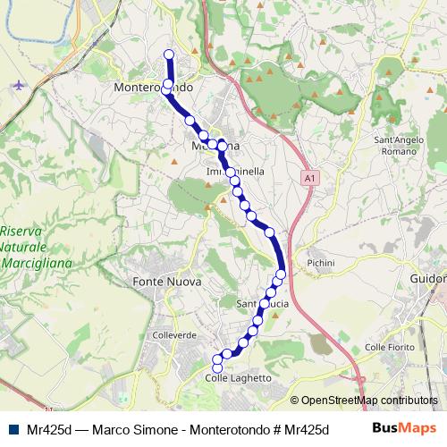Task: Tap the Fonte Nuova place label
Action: pyautogui.click(x=166, y=282)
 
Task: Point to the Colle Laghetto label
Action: pyautogui.click(x=238, y=378)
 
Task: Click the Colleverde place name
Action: pyautogui.click(x=174, y=334)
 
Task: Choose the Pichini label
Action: pyautogui.click(x=319, y=263)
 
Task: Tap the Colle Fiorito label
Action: pyautogui.click(x=386, y=346)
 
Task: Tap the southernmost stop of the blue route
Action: pyautogui.click(x=216, y=367)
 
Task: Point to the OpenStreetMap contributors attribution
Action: pyautogui.click(x=364, y=401)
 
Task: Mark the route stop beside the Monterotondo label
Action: pyautogui.click(x=167, y=86)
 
